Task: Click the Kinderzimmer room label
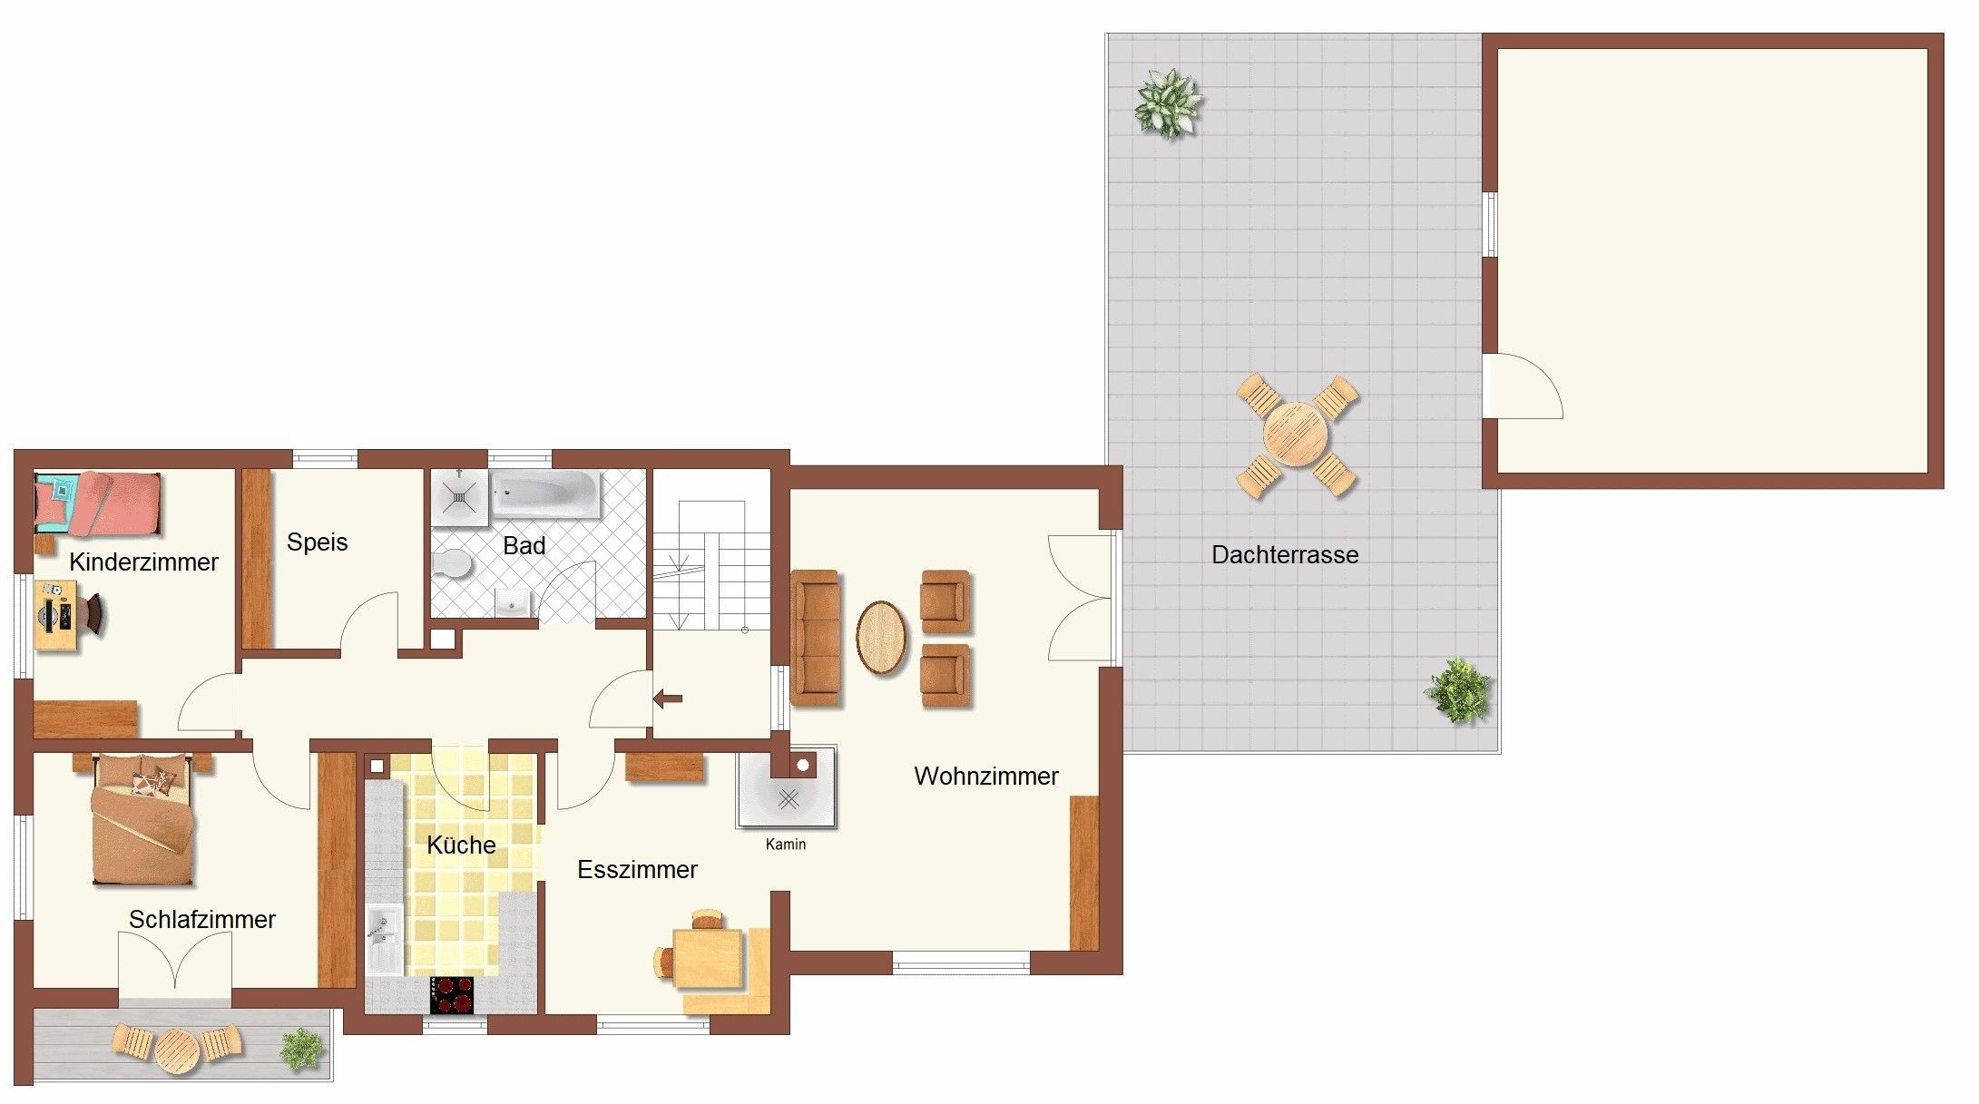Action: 143,562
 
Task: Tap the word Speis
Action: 318,542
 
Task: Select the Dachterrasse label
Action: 1285,555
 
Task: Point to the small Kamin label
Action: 786,845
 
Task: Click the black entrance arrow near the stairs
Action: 668,699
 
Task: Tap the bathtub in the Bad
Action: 545,494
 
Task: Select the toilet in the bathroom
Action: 451,565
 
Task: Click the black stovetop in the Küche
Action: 452,995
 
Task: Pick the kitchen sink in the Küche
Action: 385,938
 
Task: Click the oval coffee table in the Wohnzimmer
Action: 881,638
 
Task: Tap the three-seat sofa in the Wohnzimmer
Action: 816,638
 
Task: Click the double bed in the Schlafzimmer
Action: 144,819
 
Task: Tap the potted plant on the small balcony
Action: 301,1049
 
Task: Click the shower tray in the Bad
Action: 460,497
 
